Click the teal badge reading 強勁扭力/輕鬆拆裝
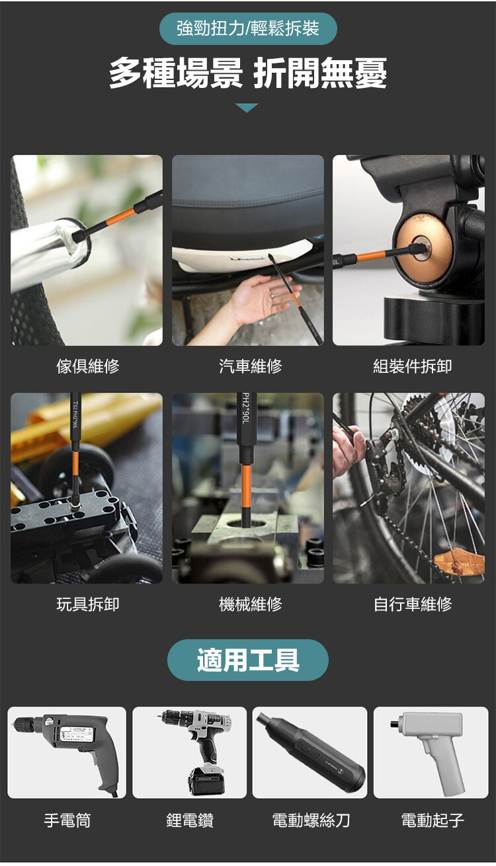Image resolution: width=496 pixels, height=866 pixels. click(x=248, y=28)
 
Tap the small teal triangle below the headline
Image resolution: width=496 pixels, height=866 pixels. click(x=247, y=108)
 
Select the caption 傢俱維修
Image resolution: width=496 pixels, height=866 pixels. click(x=88, y=366)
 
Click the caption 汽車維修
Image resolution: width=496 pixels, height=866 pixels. click(x=250, y=366)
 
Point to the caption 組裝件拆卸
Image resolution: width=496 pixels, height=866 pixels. click(x=412, y=366)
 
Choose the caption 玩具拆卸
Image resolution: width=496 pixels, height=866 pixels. click(x=88, y=604)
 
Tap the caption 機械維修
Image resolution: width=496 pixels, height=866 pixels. click(x=250, y=604)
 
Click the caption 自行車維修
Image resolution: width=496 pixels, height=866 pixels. click(x=412, y=604)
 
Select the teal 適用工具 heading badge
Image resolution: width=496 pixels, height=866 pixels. click(x=247, y=660)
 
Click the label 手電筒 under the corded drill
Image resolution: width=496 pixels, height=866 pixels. click(x=67, y=820)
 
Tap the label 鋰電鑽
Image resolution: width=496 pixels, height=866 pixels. click(x=190, y=820)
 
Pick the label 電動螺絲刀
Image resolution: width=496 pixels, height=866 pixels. click(x=311, y=820)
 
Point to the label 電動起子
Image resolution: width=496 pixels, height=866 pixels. click(x=432, y=820)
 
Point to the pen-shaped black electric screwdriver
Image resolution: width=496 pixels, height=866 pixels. click(x=311, y=750)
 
